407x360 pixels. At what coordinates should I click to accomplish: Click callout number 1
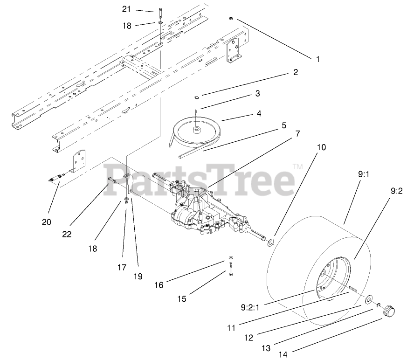[x=318, y=59]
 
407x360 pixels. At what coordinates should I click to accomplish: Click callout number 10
[x=321, y=147]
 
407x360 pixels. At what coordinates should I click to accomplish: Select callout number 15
[x=182, y=298]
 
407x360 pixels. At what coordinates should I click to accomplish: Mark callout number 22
[x=67, y=234]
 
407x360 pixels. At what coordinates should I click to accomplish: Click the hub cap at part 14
[x=388, y=311]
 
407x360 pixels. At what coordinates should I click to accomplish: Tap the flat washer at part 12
[x=369, y=298]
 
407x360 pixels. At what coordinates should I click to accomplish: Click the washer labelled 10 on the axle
[x=270, y=242]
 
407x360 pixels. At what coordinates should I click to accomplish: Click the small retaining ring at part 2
[x=197, y=97]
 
